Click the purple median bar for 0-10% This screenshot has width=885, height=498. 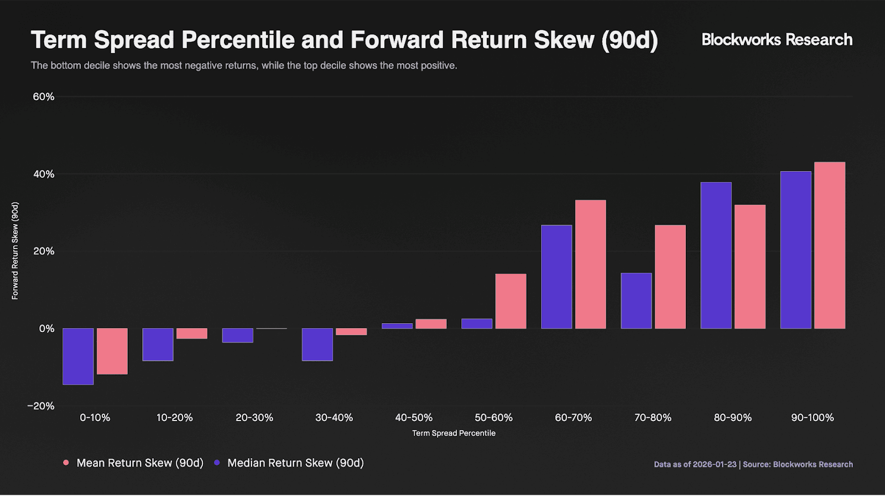[x=78, y=356]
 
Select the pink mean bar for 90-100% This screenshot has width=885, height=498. [x=830, y=245]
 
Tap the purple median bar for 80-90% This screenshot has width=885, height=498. [x=716, y=255]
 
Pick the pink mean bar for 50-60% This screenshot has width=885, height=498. [x=511, y=301]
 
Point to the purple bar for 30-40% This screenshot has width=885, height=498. [x=317, y=344]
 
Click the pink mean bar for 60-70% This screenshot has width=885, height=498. [x=591, y=264]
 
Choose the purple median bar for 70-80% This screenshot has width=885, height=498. [x=636, y=301]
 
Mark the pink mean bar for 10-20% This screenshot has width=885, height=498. [x=191, y=333]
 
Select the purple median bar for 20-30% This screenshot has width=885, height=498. [x=237, y=335]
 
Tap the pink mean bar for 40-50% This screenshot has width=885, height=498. [x=431, y=324]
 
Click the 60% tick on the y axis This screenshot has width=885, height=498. [x=44, y=97]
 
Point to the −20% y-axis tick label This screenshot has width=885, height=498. [x=41, y=406]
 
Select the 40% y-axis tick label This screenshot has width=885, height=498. [x=44, y=174]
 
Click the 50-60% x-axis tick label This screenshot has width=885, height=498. [x=493, y=418]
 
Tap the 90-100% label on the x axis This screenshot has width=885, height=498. [x=813, y=418]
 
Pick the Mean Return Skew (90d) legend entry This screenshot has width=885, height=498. [x=133, y=463]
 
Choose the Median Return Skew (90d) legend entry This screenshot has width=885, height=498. [x=289, y=463]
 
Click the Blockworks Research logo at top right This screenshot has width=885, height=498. [x=777, y=39]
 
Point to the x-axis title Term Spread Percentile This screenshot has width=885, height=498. [x=454, y=433]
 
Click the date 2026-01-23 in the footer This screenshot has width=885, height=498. [x=715, y=464]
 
